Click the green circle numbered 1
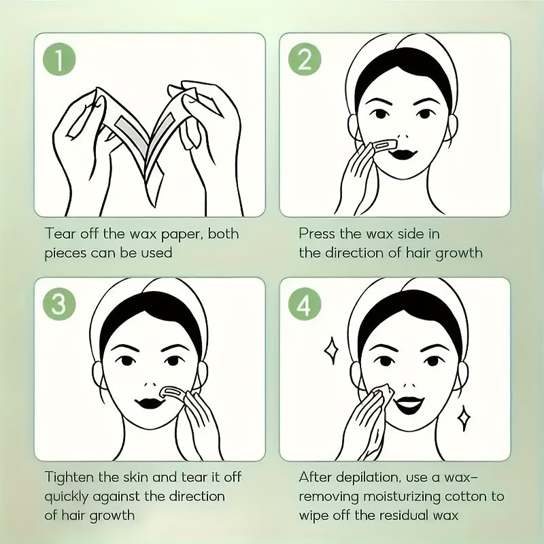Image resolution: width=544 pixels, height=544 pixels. click(60, 61)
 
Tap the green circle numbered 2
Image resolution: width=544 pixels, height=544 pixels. click(305, 61)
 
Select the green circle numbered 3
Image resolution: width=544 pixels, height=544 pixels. click(60, 305)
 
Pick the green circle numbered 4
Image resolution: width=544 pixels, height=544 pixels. click(305, 305)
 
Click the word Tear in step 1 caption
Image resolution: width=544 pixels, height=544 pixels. click(60, 233)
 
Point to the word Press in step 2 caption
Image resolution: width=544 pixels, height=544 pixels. click(318, 233)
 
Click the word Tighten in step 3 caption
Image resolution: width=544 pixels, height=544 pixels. click(71, 477)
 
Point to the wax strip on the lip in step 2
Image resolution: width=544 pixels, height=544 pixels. click(379, 145)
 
